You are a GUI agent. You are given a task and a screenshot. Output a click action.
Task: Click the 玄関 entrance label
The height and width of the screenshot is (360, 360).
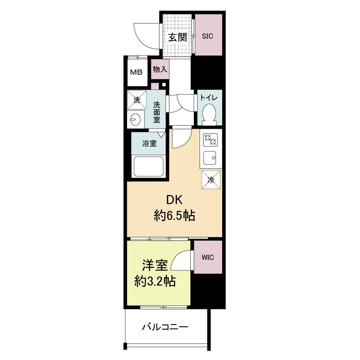[x=178, y=37]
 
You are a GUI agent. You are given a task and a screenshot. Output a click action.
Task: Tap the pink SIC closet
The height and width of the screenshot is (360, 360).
[x=208, y=36]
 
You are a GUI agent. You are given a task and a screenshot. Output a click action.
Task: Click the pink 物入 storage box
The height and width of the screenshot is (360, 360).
[x=160, y=70]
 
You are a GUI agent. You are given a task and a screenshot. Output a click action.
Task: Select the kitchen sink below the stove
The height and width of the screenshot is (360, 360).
[x=210, y=158]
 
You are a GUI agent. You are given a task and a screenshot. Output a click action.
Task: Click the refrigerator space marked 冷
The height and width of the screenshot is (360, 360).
[x=211, y=181]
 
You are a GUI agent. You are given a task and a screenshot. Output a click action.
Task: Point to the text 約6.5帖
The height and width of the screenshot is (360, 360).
[x=174, y=216]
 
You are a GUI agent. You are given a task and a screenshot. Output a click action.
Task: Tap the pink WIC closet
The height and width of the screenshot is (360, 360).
[x=208, y=257]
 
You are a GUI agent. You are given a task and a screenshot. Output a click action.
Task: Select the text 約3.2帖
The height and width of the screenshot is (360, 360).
[x=155, y=282]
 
